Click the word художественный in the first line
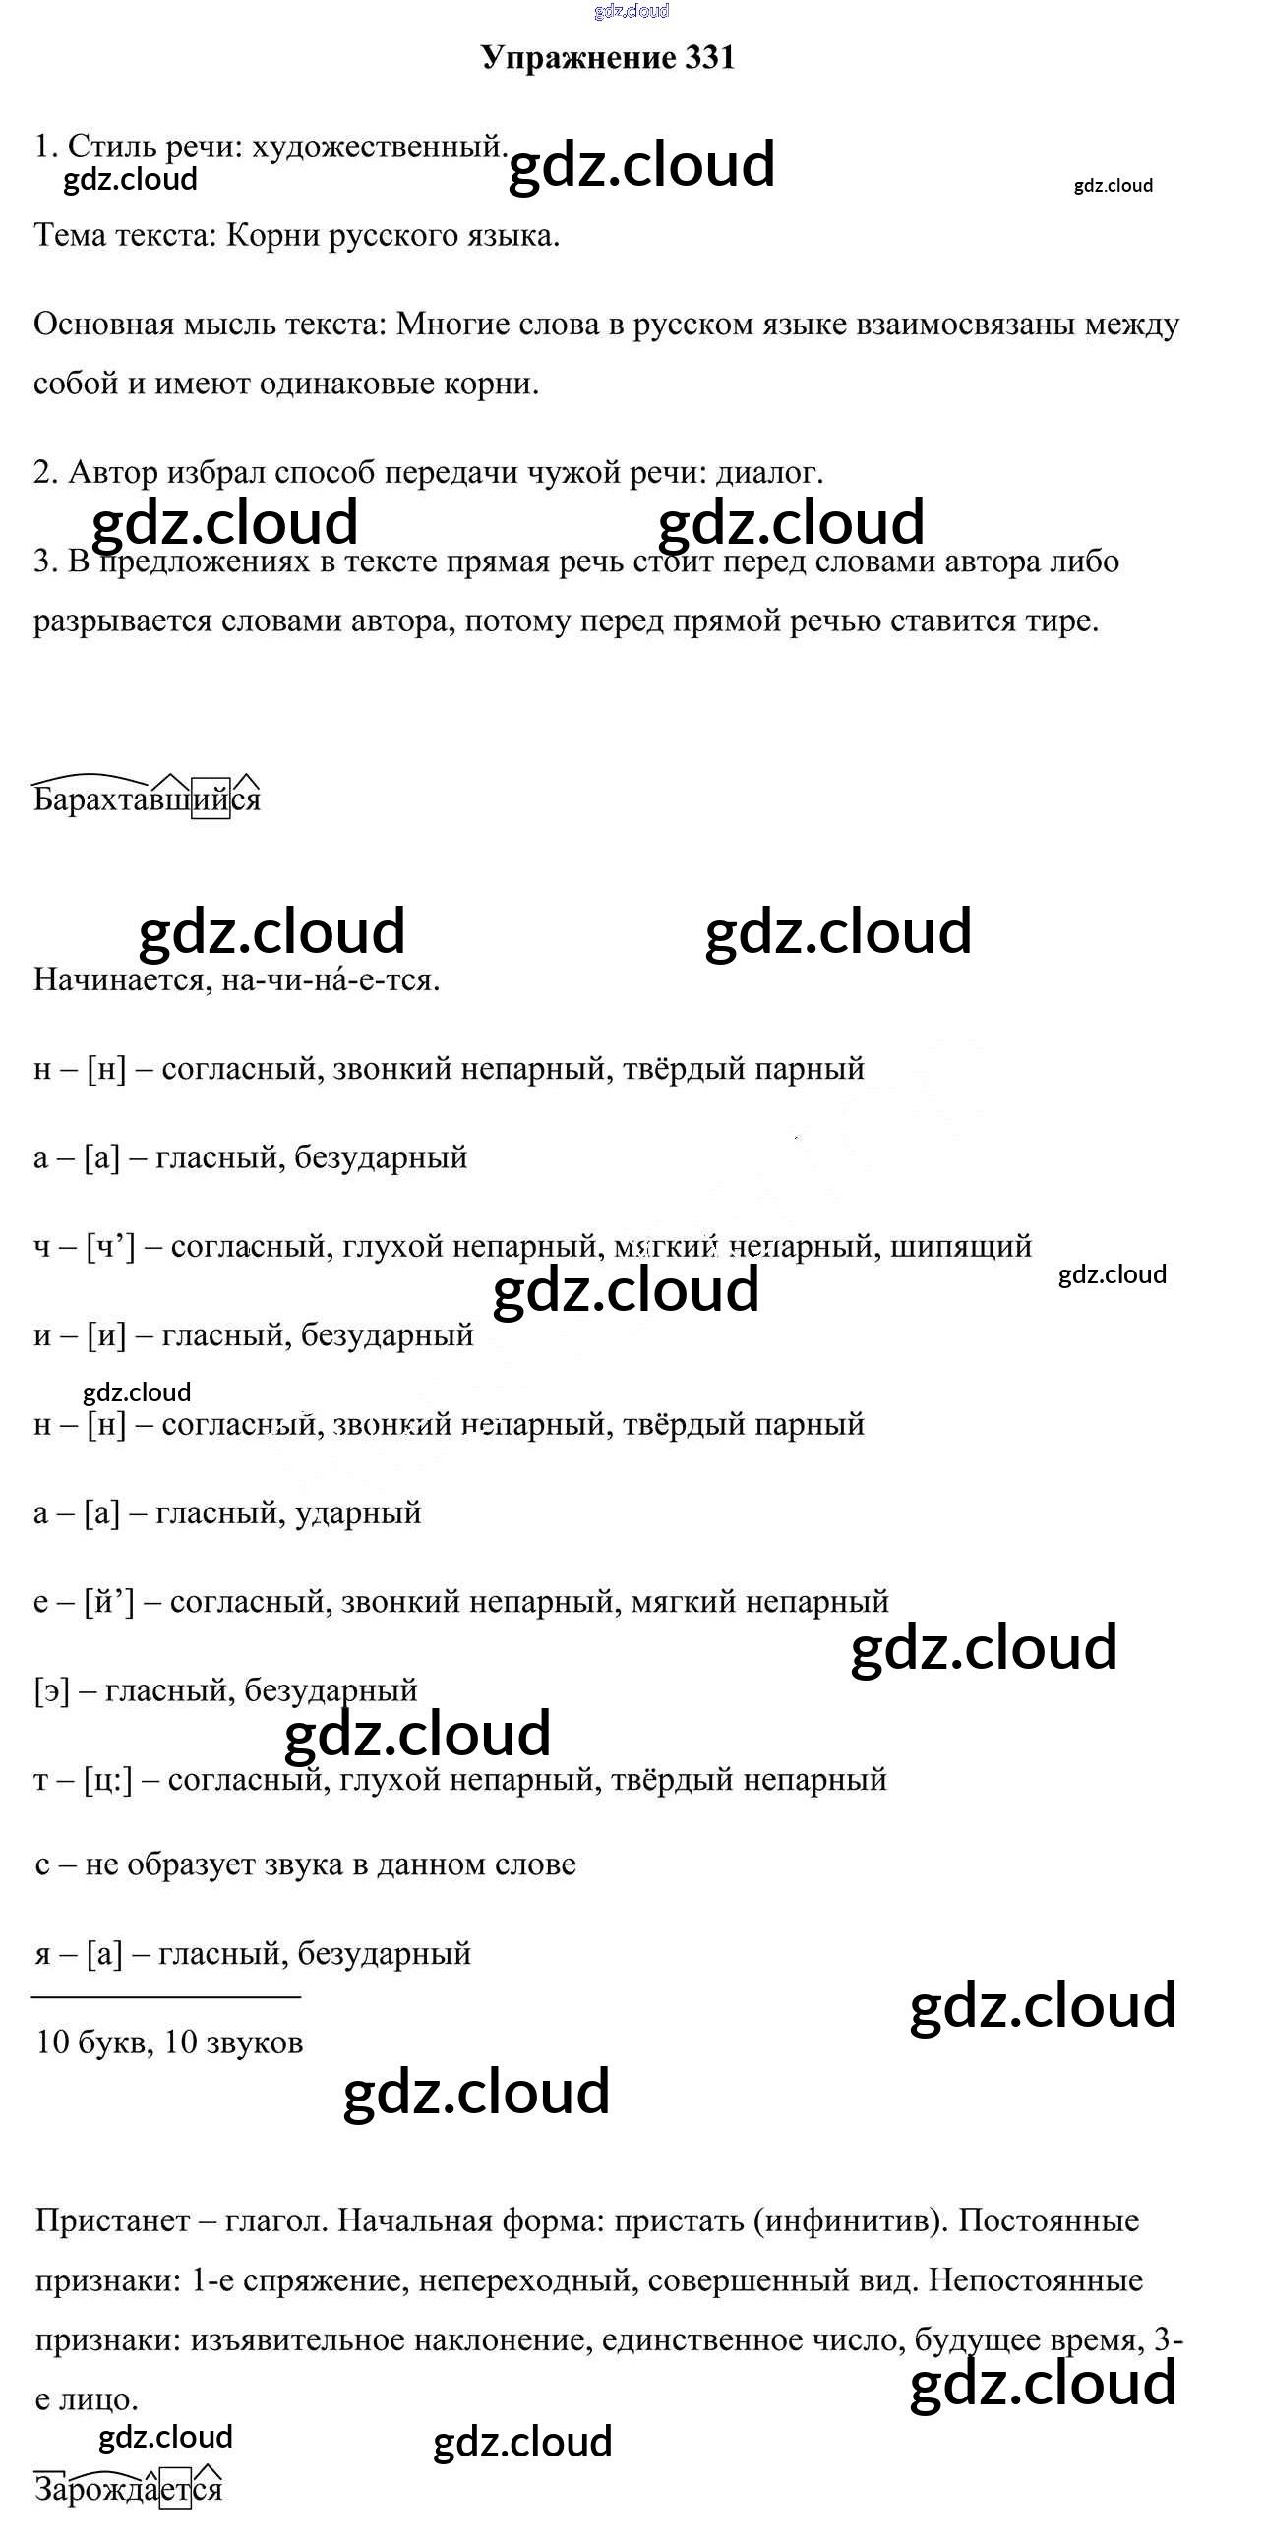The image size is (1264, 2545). coord(380,148)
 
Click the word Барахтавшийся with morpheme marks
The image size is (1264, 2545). coord(147,799)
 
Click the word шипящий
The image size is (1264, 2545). coord(961,1247)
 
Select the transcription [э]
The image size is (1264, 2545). coord(51,1691)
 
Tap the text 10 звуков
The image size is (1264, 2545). coord(233,2043)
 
